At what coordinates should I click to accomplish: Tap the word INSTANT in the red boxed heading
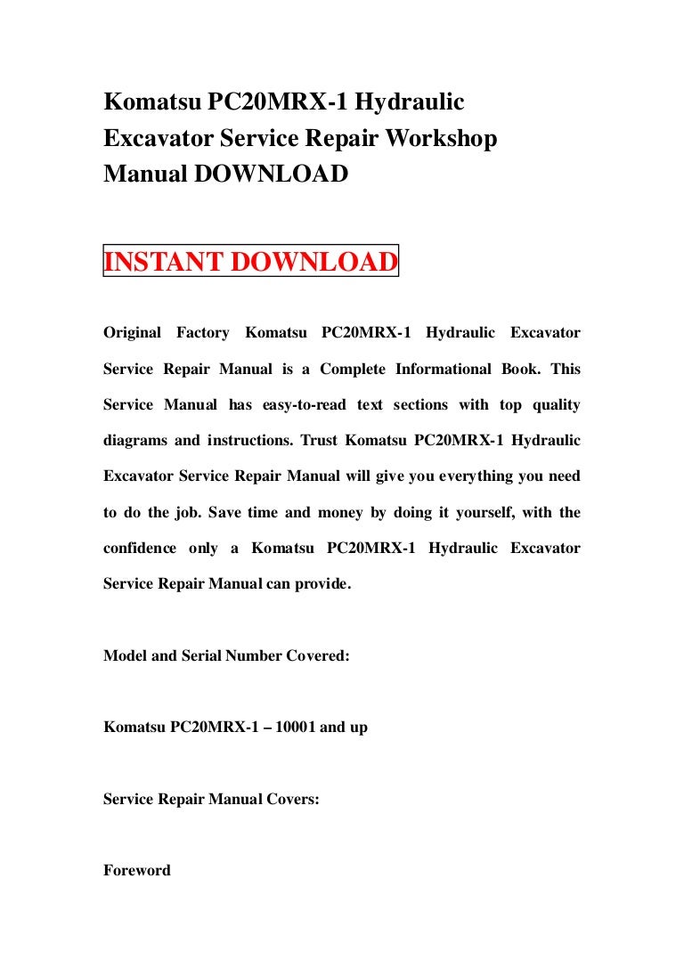click(x=164, y=263)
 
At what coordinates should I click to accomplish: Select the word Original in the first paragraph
click(x=133, y=333)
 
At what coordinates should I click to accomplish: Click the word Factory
click(x=203, y=333)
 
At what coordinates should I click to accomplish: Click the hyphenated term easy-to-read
click(x=303, y=405)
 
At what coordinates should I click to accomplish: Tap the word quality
click(x=557, y=405)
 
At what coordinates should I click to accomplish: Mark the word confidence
click(x=140, y=549)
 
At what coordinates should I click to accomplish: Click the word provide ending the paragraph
click(x=321, y=584)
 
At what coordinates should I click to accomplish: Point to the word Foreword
click(x=137, y=871)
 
